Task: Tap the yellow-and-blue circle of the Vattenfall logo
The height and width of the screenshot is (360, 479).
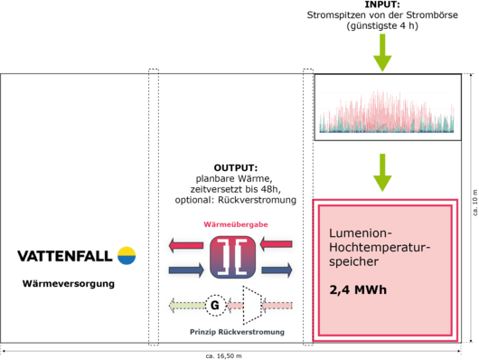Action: pyautogui.click(x=127, y=255)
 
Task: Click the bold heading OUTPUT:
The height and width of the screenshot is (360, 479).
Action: pyautogui.click(x=235, y=168)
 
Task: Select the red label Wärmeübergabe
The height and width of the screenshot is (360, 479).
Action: pyautogui.click(x=234, y=224)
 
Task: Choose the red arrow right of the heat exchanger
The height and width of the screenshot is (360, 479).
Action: pyautogui.click(x=276, y=244)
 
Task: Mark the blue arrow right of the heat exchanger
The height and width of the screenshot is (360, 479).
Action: pyautogui.click(x=276, y=269)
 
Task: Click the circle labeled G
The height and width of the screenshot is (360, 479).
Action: pyautogui.click(x=214, y=306)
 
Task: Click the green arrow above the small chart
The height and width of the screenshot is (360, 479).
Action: pyautogui.click(x=383, y=52)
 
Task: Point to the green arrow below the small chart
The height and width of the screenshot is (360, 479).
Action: pyautogui.click(x=383, y=171)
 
